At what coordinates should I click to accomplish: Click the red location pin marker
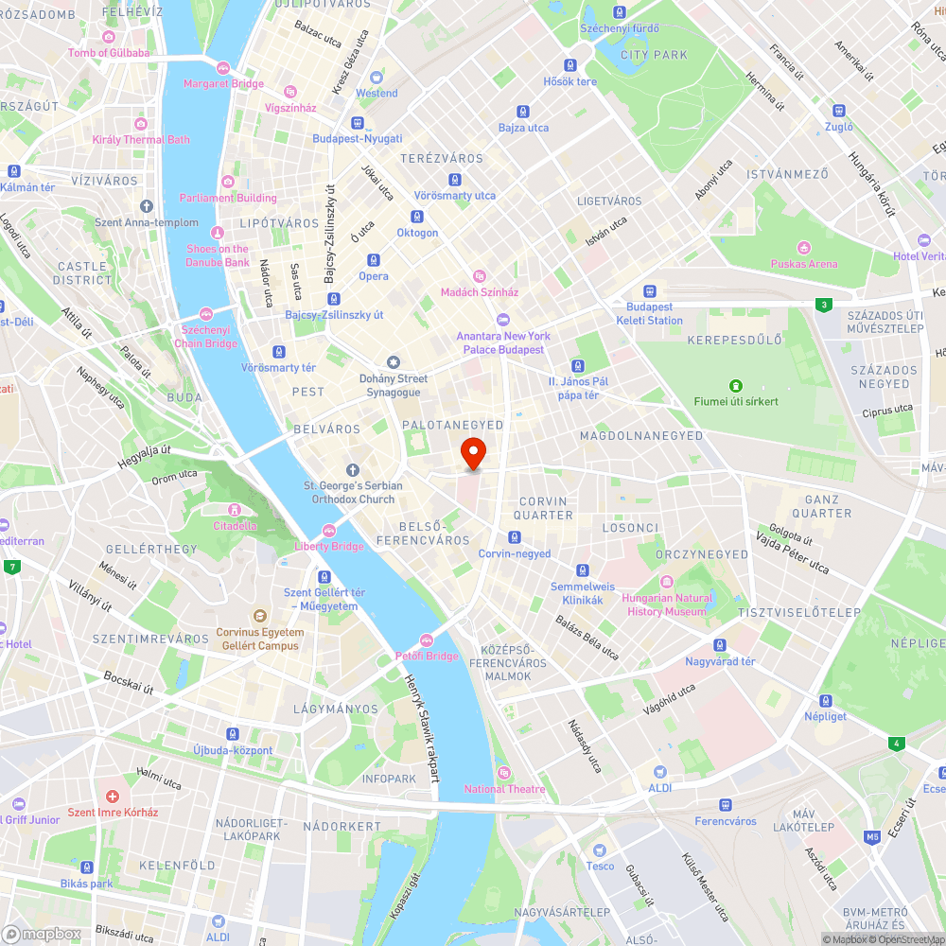coord(472,453)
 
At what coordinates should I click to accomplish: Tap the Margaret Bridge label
coord(223,83)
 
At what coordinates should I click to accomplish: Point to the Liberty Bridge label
coord(329,546)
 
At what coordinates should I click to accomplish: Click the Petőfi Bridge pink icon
coord(426,640)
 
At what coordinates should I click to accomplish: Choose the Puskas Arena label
coord(803,264)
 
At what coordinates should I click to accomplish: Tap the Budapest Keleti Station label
coord(649,313)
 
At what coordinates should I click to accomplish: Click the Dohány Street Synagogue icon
coord(394,362)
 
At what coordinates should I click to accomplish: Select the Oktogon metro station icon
coord(417,217)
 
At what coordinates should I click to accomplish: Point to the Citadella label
coord(235,526)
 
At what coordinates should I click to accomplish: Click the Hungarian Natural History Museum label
coord(667,604)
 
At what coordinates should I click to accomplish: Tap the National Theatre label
coord(504,789)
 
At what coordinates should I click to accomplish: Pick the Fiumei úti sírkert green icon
coord(735,385)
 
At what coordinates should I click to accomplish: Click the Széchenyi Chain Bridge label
coord(205,336)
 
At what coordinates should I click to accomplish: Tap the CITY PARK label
coord(654,55)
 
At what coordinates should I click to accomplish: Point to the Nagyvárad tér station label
coord(720,661)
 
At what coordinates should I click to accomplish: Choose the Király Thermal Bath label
coord(140,139)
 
